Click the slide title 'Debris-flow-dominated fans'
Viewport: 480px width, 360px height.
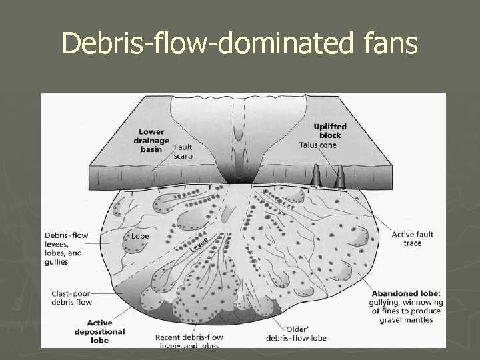tap(240, 44)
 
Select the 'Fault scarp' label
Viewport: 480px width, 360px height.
tap(183, 153)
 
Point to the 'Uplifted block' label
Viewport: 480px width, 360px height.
tap(330, 131)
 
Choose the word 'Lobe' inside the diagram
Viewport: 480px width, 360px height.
tap(140, 235)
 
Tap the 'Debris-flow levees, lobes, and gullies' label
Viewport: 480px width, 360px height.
tap(64, 248)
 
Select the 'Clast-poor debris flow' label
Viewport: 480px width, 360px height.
tap(71, 298)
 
